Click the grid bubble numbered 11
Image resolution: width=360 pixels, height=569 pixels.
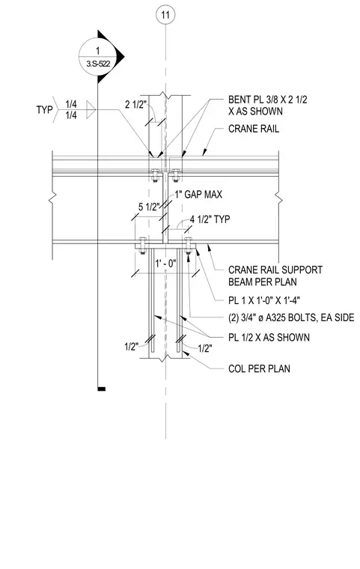[x=165, y=15]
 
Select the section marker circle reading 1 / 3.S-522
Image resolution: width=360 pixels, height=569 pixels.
[x=97, y=57]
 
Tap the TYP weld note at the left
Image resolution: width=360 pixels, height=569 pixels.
[x=45, y=109]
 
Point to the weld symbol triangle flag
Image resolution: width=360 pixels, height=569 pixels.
[x=91, y=109]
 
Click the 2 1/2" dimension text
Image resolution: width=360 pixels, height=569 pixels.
[x=135, y=105]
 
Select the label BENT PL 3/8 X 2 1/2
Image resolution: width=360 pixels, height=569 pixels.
[x=268, y=100]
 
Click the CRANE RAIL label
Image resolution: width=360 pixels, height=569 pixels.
[x=254, y=129]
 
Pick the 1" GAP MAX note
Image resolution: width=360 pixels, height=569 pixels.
[x=198, y=195]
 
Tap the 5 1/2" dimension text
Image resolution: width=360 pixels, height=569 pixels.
[x=149, y=207]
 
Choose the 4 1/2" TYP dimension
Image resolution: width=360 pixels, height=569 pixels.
[x=210, y=219]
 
